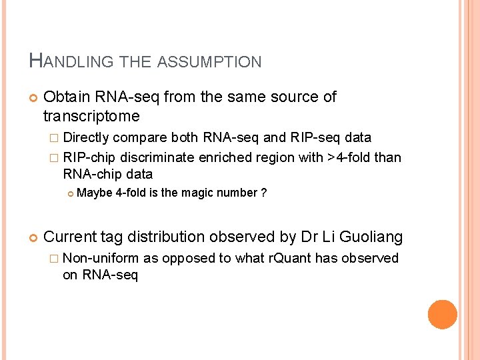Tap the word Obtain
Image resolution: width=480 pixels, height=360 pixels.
click(x=67, y=97)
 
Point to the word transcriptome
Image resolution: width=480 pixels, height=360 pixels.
click(x=91, y=117)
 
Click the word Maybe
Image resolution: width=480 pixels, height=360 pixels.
click(x=94, y=193)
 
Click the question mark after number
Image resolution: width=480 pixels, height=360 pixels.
click(x=264, y=193)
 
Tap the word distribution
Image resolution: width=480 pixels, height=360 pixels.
click(x=168, y=236)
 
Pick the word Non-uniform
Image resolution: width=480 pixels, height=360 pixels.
click(x=100, y=258)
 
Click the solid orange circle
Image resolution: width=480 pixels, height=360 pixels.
click(x=443, y=315)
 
